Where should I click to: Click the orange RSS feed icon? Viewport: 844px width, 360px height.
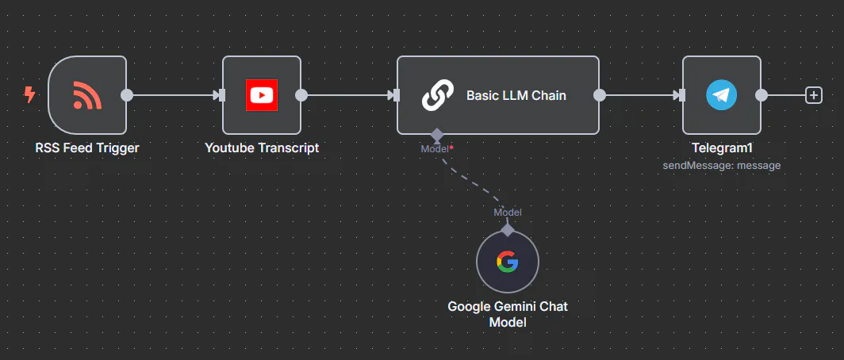point(87,95)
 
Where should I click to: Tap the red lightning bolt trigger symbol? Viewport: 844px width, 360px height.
point(30,95)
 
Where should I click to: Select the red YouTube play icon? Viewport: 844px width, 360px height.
point(261,95)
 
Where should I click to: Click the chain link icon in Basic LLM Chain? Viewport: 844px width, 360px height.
point(436,95)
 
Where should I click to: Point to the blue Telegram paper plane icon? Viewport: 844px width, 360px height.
point(721,95)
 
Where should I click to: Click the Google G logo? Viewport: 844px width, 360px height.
point(508,262)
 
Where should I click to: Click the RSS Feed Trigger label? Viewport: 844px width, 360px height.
point(87,147)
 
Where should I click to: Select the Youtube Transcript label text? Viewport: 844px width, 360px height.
point(262,147)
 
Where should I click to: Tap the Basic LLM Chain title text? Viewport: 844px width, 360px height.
point(516,95)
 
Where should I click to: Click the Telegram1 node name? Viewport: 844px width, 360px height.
point(721,147)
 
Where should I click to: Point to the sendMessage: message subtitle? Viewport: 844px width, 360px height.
point(721,165)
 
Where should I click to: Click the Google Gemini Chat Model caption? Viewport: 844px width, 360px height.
point(508,314)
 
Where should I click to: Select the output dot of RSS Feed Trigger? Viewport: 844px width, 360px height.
point(126,95)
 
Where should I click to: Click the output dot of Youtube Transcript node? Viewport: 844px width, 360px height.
point(301,95)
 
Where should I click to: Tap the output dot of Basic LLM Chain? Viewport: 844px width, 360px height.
point(600,95)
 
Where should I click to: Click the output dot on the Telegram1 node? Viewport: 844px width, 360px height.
point(762,95)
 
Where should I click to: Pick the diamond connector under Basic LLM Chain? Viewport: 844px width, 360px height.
point(436,135)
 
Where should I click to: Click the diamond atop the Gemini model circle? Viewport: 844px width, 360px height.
point(508,230)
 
